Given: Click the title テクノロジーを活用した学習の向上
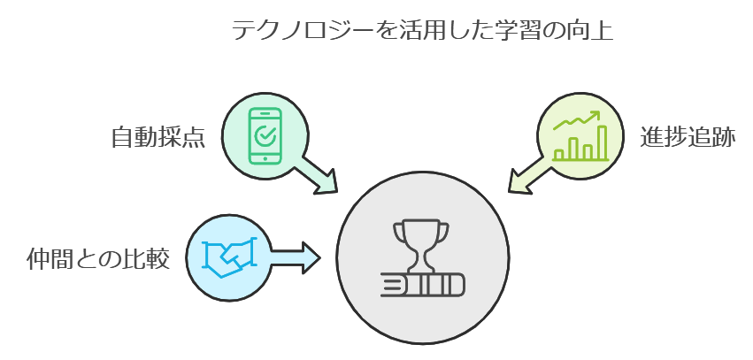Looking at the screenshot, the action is (x=422, y=31).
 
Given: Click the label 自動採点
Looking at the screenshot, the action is (x=158, y=138).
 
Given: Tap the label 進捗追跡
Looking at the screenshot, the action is (x=688, y=138).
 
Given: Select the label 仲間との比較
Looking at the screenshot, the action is (x=98, y=259).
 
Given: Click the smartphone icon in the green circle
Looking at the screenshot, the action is (x=265, y=135).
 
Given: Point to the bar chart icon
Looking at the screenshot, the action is (x=580, y=136).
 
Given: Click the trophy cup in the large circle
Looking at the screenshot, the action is (x=421, y=241).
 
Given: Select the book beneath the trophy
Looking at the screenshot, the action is (x=422, y=285).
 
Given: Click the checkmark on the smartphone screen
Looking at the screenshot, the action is (x=264, y=135).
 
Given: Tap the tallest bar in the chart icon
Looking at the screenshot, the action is (x=603, y=142).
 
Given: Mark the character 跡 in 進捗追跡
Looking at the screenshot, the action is (x=724, y=138).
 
